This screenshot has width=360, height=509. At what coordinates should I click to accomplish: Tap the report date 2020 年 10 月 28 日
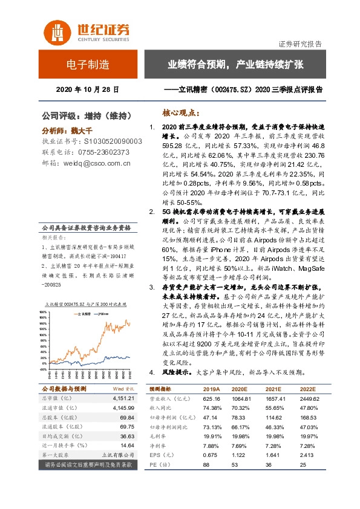[x=87, y=89]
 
